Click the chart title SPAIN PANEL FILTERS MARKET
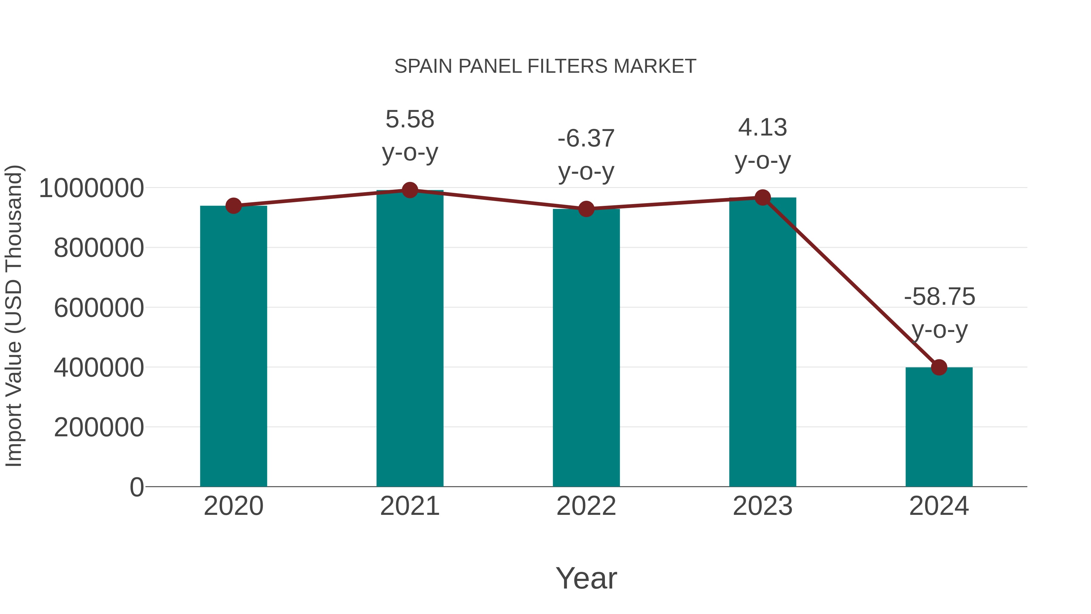[545, 66]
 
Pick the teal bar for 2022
[586, 347]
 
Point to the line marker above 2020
[233, 206]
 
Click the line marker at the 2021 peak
[409, 190]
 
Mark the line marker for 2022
[586, 209]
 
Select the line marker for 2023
[762, 197]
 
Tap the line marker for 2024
[939, 367]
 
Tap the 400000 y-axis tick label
[99, 367]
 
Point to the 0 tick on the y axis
[136, 487]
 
